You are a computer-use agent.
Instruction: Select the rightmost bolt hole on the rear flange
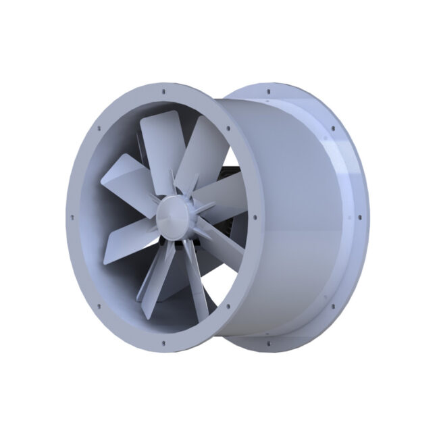pos(359,217)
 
